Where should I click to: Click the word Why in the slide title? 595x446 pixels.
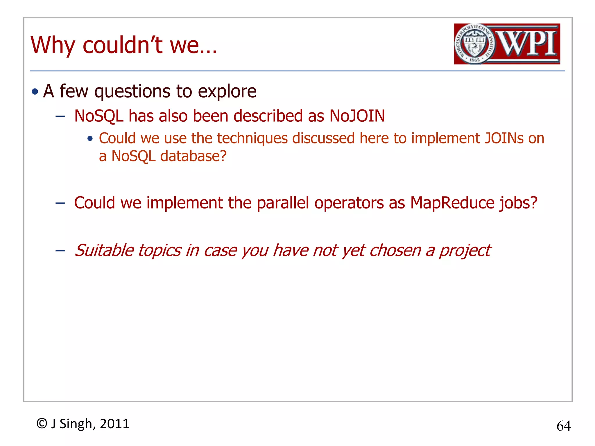tap(53, 45)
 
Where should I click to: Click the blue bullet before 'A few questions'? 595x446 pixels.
tap(35, 92)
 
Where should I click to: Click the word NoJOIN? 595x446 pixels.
tap(357, 116)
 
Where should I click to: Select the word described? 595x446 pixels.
tap(268, 116)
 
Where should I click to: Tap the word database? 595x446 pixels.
tap(193, 156)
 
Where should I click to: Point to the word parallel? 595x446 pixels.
tap(283, 203)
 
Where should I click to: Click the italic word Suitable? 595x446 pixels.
tap(104, 250)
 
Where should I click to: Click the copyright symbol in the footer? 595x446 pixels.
tap(42, 424)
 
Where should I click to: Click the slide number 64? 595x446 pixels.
tap(563, 426)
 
